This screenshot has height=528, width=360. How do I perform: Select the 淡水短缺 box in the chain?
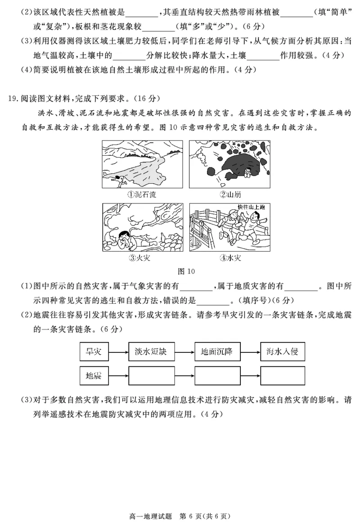[152, 352]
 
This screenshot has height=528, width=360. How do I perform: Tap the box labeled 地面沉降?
[217, 352]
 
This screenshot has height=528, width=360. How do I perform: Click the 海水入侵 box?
[283, 352]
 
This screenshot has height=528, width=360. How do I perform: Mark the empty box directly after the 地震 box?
[152, 375]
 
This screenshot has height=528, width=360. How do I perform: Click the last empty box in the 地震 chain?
[283, 375]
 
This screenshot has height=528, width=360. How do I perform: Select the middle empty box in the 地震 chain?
[217, 375]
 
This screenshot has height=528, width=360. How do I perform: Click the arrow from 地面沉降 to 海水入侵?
[250, 352]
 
